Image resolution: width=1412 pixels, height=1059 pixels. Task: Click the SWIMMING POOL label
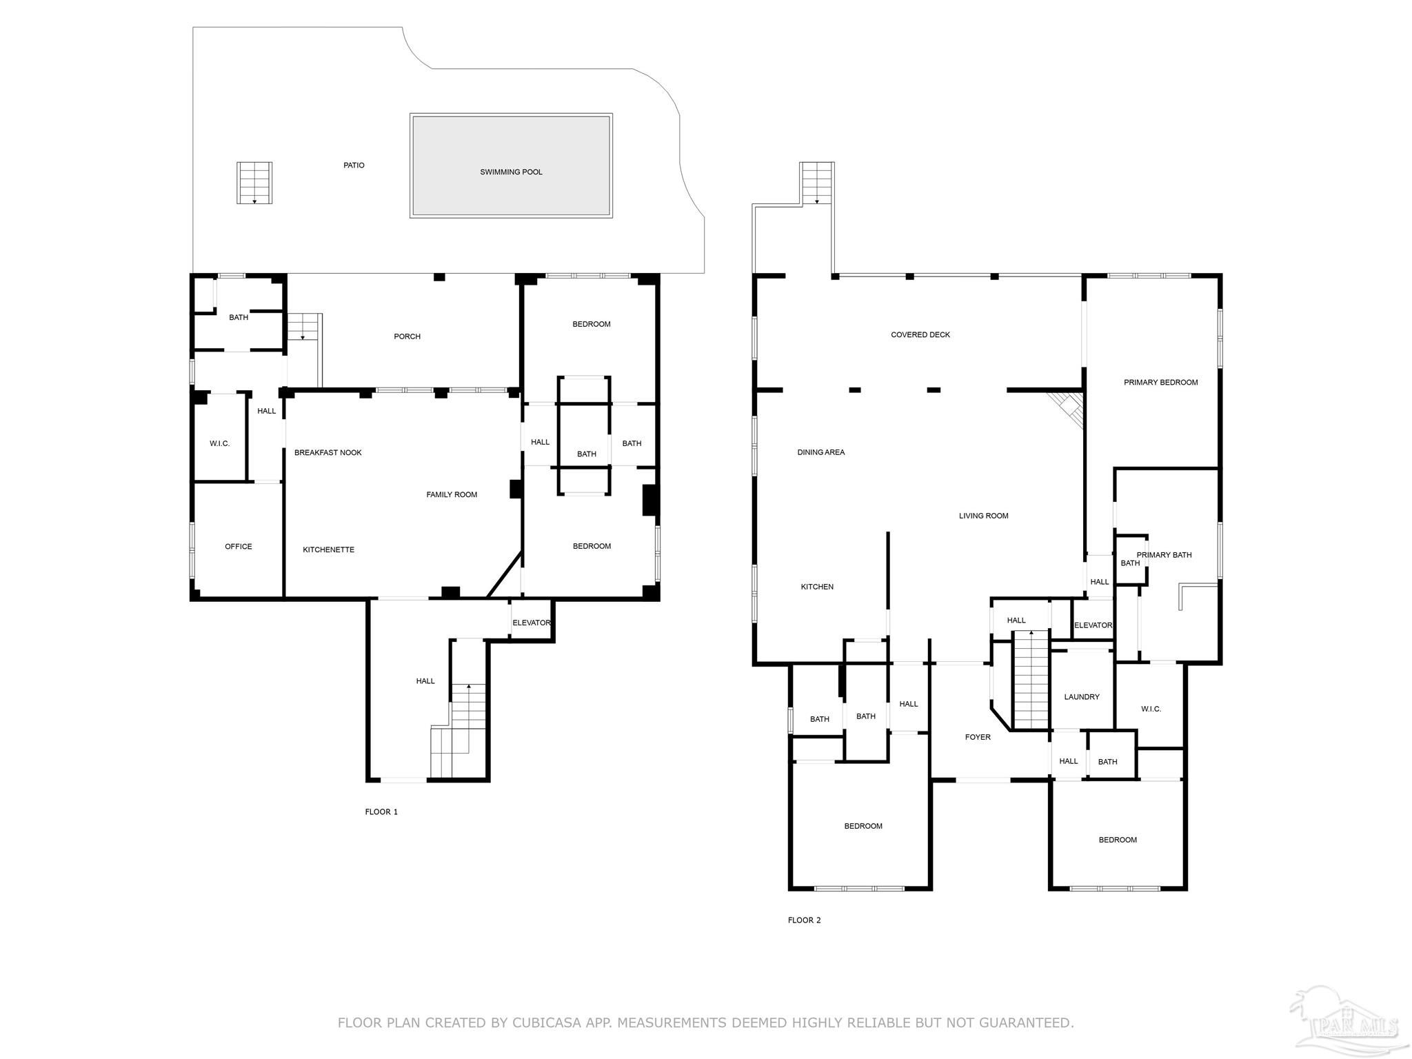coord(511,172)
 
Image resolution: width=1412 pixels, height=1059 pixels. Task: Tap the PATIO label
coord(354,165)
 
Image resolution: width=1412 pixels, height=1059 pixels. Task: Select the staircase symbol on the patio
coord(254,183)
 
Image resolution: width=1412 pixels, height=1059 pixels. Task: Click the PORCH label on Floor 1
coord(407,336)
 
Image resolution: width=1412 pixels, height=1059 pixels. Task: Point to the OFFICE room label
coord(239,547)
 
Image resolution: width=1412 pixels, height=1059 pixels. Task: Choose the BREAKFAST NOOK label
coord(328,453)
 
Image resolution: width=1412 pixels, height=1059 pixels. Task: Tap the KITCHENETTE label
coord(329,550)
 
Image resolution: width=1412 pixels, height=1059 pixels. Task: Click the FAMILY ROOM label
coord(452,494)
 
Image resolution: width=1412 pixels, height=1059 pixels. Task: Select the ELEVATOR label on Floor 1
coord(532,623)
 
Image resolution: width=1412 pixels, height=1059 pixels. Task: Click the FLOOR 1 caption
coord(381,811)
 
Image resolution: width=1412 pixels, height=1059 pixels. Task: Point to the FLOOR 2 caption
coord(805,920)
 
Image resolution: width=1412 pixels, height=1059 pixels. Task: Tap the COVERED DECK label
coord(920,335)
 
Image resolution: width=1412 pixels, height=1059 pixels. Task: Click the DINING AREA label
coord(821,452)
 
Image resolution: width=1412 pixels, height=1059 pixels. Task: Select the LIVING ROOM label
coord(984,516)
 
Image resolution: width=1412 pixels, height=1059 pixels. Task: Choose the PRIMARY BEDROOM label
coord(1161,383)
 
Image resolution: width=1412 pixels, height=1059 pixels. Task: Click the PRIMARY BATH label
coord(1164,555)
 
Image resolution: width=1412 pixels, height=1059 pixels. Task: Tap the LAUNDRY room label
coord(1082,697)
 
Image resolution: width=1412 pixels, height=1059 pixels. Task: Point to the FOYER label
coord(978,737)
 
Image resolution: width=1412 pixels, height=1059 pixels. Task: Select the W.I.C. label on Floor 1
coord(220,443)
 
